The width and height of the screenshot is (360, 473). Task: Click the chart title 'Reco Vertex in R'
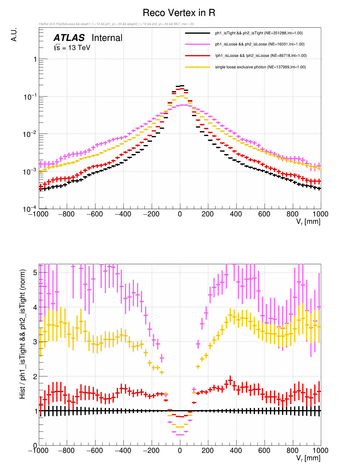tap(179, 13)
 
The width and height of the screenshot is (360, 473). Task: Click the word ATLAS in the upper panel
tap(69, 38)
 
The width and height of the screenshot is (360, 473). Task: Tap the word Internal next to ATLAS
tap(107, 38)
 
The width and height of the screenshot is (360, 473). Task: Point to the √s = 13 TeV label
tap(72, 48)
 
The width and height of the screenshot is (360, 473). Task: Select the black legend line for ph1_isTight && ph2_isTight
tap(197, 33)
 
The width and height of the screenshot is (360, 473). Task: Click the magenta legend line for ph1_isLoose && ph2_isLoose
tap(197, 44)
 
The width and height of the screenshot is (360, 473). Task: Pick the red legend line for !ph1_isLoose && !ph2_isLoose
tap(197, 56)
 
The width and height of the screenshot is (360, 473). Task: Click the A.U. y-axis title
tap(14, 35)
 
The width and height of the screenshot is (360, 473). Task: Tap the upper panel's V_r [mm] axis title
tap(308, 222)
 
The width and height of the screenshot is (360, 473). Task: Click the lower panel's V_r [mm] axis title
tap(308, 458)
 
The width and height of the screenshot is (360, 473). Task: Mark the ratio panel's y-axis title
tap(23, 334)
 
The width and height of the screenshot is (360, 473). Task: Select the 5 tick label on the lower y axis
tap(35, 273)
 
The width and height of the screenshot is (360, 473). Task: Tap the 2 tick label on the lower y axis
tap(35, 376)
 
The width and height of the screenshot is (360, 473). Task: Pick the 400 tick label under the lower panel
tap(236, 451)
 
